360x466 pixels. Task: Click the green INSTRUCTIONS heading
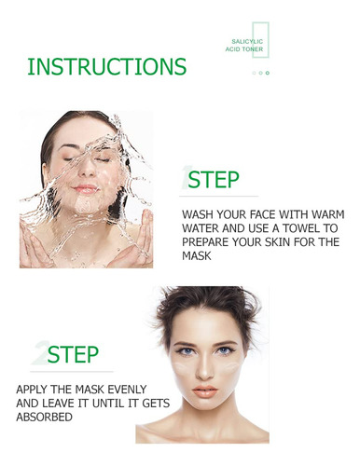click(x=107, y=66)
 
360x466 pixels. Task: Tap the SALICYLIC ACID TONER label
click(x=244, y=46)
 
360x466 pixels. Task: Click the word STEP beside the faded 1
click(x=214, y=180)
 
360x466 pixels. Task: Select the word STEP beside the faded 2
click(x=73, y=354)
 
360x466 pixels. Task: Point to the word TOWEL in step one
click(x=299, y=228)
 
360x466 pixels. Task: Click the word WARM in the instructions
click(x=328, y=214)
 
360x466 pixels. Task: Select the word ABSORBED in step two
click(x=44, y=417)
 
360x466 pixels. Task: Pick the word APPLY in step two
click(x=31, y=390)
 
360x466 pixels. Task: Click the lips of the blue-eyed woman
click(x=205, y=391)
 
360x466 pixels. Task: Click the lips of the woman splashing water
click(x=85, y=188)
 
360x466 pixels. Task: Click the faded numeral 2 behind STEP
click(x=40, y=353)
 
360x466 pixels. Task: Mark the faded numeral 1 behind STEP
click(x=186, y=178)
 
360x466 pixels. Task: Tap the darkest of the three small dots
click(x=268, y=73)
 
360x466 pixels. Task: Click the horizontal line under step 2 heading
click(x=72, y=371)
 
